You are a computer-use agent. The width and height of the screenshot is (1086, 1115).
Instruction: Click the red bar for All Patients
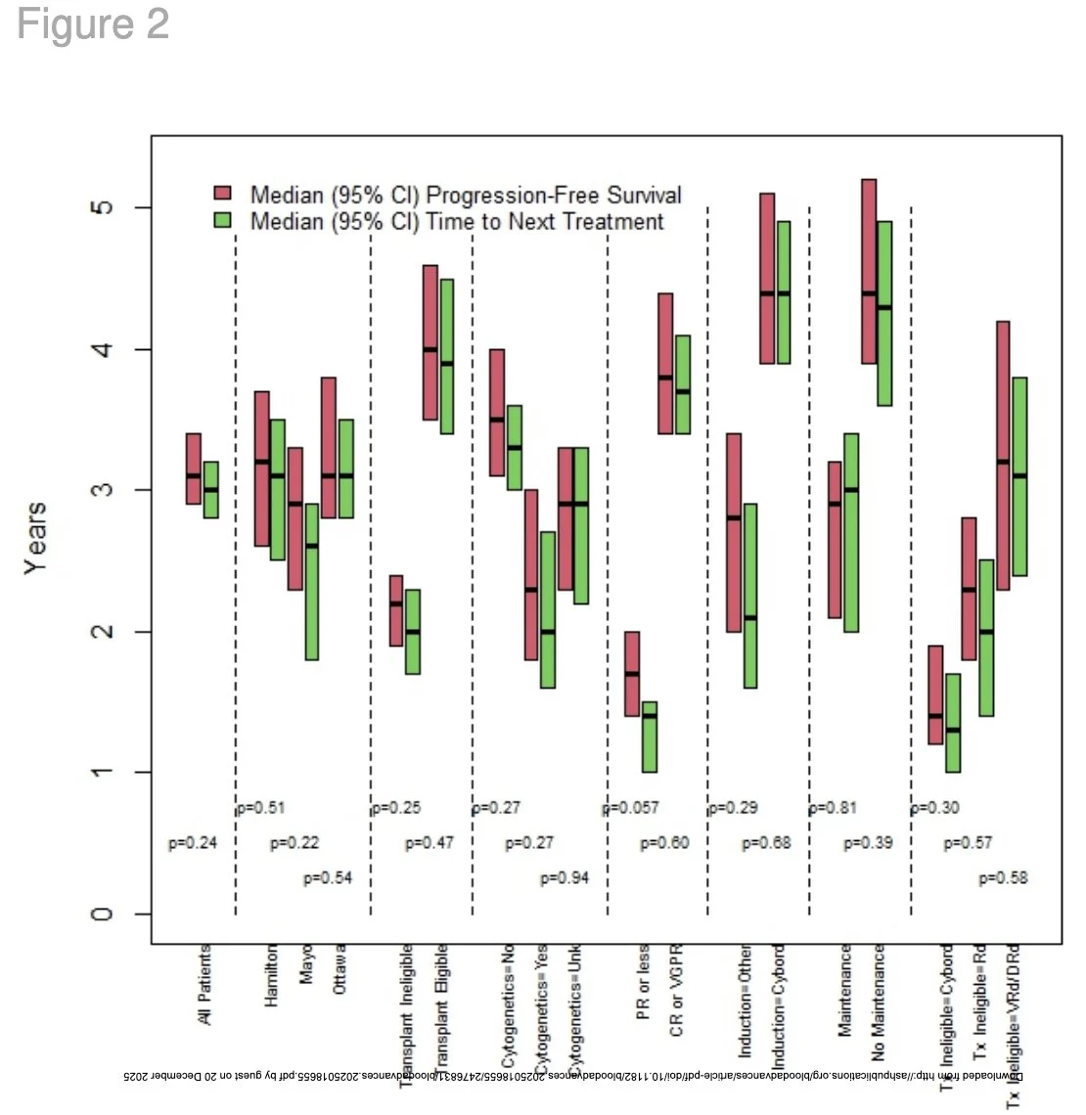pos(193,468)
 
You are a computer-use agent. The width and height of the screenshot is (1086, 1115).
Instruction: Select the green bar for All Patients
pos(210,489)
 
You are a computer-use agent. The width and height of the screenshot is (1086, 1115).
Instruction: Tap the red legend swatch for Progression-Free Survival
pos(223,193)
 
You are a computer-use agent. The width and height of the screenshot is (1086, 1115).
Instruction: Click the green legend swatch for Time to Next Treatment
pos(223,220)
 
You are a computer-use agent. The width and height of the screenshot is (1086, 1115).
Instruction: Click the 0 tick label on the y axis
pos(102,914)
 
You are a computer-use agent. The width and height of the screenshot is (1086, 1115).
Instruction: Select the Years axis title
pos(35,538)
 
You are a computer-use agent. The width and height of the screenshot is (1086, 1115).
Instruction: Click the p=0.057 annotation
pos(631,808)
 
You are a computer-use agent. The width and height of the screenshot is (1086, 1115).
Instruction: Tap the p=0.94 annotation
pos(565,878)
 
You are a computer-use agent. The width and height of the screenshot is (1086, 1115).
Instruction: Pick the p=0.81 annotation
pos(833,808)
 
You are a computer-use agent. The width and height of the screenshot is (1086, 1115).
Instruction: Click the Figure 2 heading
pos(93,24)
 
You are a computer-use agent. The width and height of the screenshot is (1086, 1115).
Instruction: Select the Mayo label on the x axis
pos(307,963)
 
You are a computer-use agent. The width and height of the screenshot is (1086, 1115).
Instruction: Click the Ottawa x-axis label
pos(339,969)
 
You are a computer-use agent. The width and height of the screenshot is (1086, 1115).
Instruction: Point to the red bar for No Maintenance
pos(869,271)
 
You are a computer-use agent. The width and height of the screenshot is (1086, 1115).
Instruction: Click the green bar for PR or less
pos(649,736)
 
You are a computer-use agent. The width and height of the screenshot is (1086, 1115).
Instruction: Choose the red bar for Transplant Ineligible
pos(396,610)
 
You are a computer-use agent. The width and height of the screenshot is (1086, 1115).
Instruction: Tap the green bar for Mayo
pos(311,582)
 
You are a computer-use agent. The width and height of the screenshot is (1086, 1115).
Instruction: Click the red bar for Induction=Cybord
pos(767,279)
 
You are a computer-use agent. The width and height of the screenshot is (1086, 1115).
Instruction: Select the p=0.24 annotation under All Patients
pos(193,843)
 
